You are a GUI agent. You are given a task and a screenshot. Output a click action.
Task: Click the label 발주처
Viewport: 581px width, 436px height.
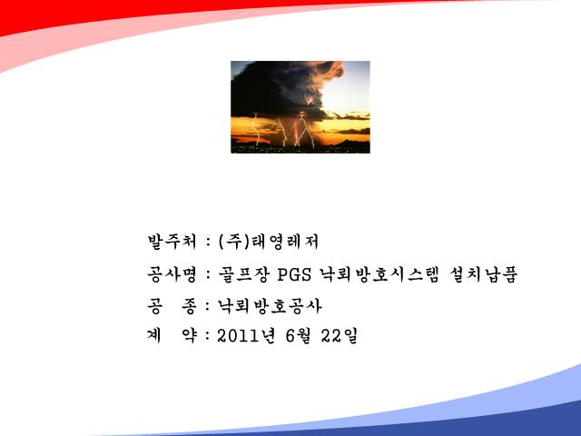172,242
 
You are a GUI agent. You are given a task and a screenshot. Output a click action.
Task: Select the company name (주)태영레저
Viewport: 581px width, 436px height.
269,242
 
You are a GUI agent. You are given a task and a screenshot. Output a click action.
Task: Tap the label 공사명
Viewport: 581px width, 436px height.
172,274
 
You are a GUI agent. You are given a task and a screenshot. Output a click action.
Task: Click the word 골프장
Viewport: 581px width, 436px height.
242,274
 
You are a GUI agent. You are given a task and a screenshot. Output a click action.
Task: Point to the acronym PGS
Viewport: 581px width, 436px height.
294,275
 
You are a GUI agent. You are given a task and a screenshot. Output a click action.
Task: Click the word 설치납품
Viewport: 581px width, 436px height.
484,274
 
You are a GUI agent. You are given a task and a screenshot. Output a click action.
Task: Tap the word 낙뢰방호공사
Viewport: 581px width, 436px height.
270,306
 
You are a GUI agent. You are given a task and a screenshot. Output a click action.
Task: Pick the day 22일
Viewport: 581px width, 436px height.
339,336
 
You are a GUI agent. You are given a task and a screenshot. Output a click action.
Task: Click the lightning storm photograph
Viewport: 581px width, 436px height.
300,107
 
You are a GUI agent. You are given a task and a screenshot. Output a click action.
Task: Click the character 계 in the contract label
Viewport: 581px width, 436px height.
154,336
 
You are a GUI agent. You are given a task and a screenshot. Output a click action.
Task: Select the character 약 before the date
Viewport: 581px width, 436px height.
189,336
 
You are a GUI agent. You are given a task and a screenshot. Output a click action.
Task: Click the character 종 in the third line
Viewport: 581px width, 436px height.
189,307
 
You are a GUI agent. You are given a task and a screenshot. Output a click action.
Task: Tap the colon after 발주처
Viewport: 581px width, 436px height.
208,243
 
